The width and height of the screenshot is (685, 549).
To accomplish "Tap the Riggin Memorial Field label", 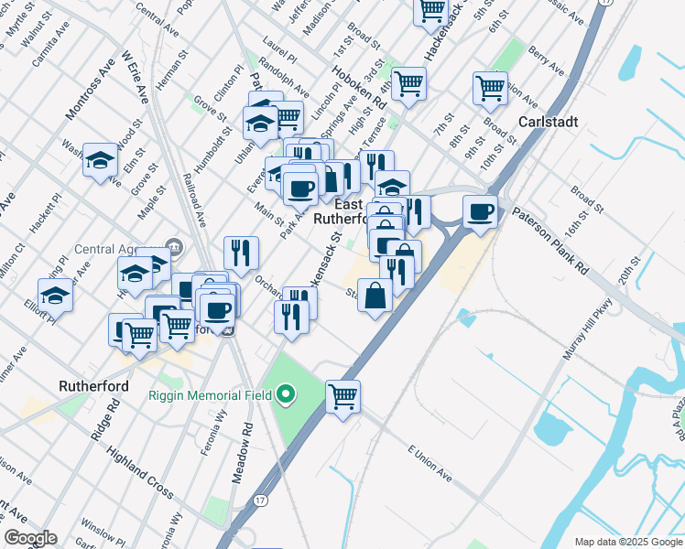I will click(x=211, y=395).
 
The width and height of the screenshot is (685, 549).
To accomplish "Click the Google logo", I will click(x=30, y=538).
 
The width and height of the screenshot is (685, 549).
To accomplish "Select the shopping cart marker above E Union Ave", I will click(x=343, y=396).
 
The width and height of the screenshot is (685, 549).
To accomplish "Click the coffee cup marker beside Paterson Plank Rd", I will click(x=481, y=211).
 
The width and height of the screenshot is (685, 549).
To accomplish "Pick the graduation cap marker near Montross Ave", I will click(x=100, y=160).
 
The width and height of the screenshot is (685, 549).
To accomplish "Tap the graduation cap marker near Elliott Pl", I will click(x=56, y=295).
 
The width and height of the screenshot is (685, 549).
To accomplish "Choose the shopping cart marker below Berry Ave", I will click(x=491, y=88).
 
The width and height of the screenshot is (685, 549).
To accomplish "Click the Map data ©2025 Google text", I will click(x=628, y=542).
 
